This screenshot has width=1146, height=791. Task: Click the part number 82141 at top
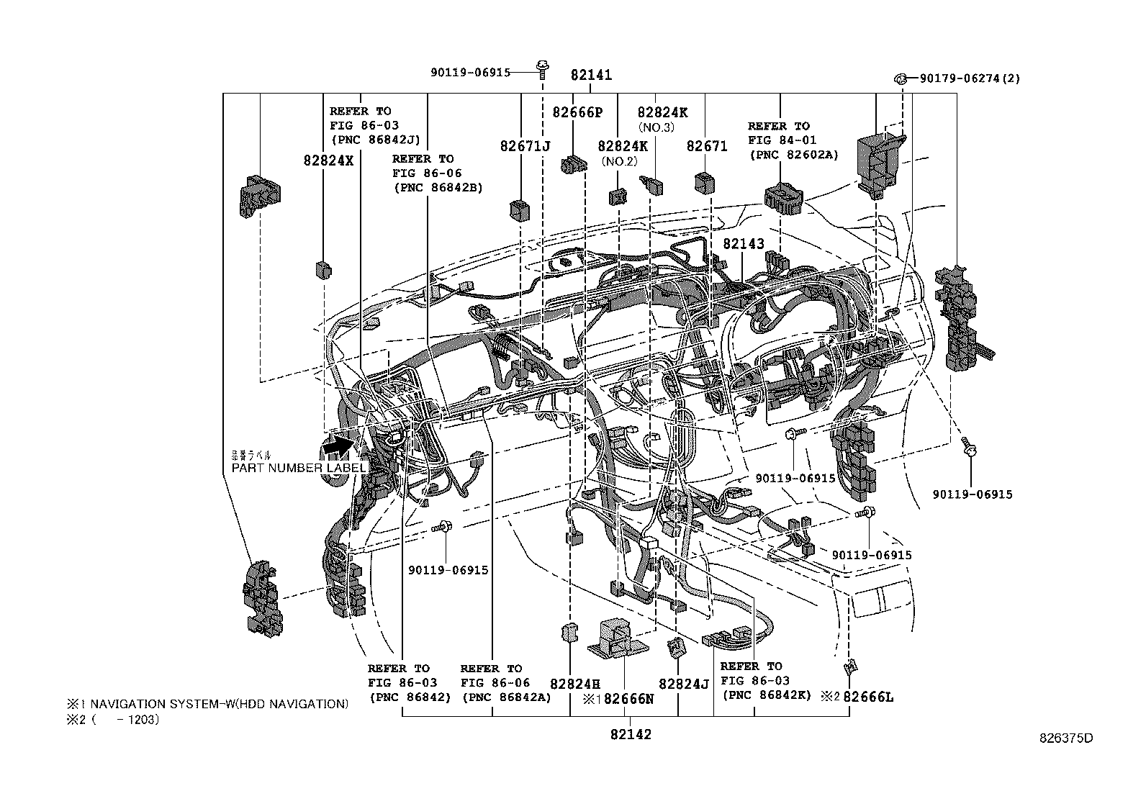tap(591, 74)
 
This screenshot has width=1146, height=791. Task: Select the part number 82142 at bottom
tap(631, 734)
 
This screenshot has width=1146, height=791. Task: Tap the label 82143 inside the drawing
tap(743, 244)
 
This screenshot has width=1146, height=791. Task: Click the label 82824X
tap(328, 161)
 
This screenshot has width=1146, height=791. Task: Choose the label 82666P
tap(577, 112)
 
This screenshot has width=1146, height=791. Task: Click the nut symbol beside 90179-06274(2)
tap(900, 78)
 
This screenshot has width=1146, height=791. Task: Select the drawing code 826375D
tap(1065, 738)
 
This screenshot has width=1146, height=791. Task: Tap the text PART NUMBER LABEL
tap(299, 468)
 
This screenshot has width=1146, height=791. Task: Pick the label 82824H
tap(574, 684)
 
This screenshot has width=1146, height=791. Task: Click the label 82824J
tap(684, 684)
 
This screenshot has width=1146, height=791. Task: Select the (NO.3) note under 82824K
tap(655, 127)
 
